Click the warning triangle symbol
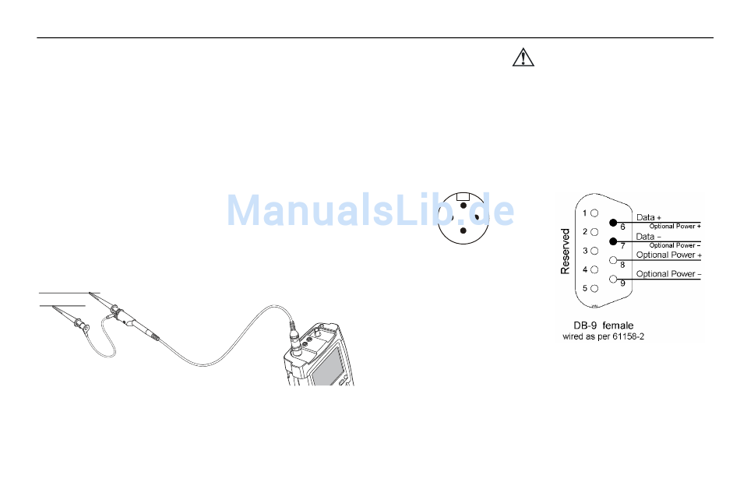point(523,58)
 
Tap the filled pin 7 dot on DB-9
point(614,241)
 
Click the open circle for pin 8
point(614,260)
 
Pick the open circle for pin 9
point(614,280)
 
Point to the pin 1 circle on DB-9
point(594,213)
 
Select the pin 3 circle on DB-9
point(594,251)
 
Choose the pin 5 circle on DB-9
point(594,288)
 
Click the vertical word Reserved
point(566,251)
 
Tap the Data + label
point(648,216)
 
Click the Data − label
point(648,236)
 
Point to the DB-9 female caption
point(598,325)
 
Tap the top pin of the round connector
point(463,206)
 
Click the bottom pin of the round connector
point(463,231)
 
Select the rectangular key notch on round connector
point(463,195)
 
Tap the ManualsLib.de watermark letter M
point(245,209)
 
